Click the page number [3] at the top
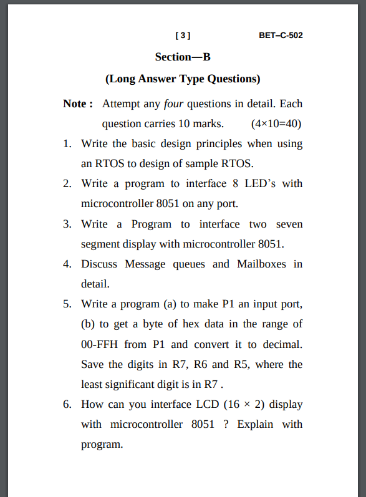click(x=183, y=35)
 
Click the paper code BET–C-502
click(x=281, y=35)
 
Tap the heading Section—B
click(x=183, y=57)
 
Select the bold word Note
click(x=75, y=104)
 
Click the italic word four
click(x=173, y=104)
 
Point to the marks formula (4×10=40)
click(x=276, y=123)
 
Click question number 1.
click(x=67, y=143)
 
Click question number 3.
click(x=67, y=224)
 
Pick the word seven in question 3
click(x=289, y=224)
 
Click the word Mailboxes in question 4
click(x=261, y=264)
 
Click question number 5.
click(x=67, y=304)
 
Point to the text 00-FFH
click(x=99, y=344)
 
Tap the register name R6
click(x=200, y=364)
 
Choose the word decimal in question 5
click(x=282, y=344)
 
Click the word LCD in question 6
click(x=208, y=404)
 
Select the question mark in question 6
click(x=226, y=424)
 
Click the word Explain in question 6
click(x=255, y=425)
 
